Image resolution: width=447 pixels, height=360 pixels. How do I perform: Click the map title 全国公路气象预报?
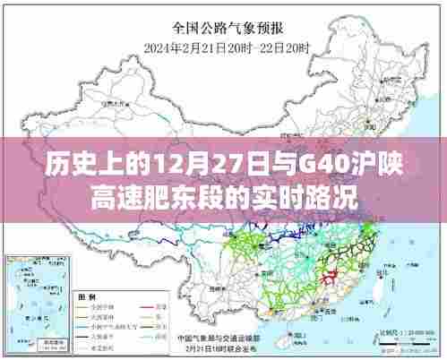coord(224,28)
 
